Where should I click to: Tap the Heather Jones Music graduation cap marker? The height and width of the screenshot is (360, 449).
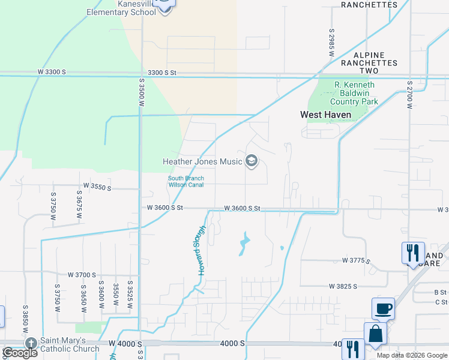[x=252, y=161]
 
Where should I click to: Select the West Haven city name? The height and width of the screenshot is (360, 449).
[x=326, y=115]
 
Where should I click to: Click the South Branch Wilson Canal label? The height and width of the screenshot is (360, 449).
[x=185, y=181]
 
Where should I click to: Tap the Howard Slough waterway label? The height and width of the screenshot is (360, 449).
[x=202, y=251]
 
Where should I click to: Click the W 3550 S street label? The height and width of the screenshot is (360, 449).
[x=98, y=187]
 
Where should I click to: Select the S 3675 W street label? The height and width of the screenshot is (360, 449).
[x=79, y=205]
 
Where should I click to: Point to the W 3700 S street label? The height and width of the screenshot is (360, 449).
[x=82, y=275]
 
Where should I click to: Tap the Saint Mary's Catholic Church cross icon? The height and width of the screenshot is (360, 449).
[x=31, y=343]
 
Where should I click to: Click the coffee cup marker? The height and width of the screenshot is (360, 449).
[x=383, y=309]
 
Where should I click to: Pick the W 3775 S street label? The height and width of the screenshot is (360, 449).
[x=357, y=260]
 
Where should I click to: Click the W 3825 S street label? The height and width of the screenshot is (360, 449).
[x=343, y=286]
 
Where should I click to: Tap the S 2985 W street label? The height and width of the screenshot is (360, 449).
[x=331, y=42]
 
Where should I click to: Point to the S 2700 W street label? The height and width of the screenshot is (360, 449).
[x=409, y=94]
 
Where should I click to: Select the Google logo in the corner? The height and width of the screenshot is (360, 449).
[x=20, y=353]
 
